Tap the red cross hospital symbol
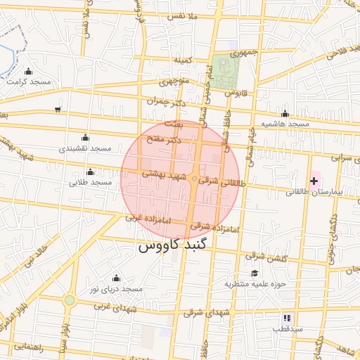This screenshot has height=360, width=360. coord(314,181)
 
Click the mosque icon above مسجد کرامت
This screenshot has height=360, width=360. coord(28,72)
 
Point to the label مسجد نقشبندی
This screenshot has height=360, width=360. coord(85,148)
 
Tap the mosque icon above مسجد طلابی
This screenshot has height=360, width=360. coord(89,172)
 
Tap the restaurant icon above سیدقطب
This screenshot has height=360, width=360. coord(287,318)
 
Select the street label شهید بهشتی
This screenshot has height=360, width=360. coord(164,174)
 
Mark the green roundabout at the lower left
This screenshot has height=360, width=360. coord(69,301)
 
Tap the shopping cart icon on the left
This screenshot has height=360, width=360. coord(57,110)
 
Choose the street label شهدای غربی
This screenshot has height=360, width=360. coord(112,306)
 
